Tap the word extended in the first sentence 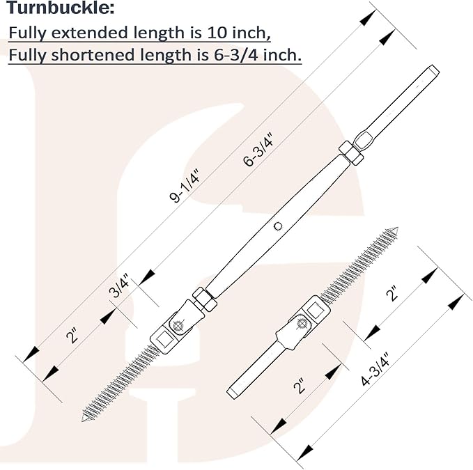tap(90, 32)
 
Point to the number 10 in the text tap(216, 32)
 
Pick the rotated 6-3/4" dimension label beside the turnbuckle tap(258, 149)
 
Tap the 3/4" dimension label tap(119, 285)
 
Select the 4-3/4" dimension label tap(375, 369)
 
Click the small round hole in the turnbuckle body tap(278, 226)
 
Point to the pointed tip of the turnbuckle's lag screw tap(84, 419)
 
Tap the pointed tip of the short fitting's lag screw tap(396, 229)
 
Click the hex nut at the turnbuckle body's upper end tap(350, 153)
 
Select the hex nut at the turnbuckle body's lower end tap(204, 299)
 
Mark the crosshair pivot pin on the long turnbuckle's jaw tap(178, 326)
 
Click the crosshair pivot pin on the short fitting tap(302, 324)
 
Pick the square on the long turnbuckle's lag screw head tap(164, 340)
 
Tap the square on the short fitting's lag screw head tap(316, 311)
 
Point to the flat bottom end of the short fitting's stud tap(231, 393)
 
